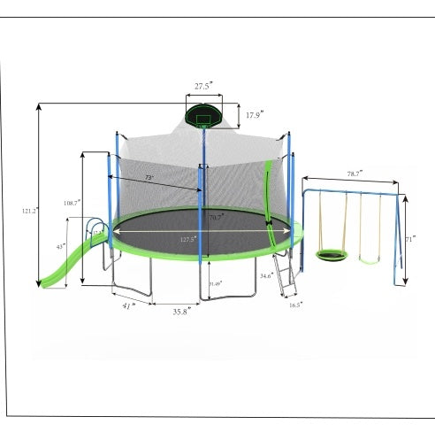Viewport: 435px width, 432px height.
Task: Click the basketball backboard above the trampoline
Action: (x=204, y=117)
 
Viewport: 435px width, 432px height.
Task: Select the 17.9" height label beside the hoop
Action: (x=254, y=115)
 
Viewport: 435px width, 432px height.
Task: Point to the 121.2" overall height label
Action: (x=28, y=211)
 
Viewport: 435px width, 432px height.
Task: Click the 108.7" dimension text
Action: (x=72, y=202)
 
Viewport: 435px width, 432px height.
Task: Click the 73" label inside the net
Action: (x=149, y=178)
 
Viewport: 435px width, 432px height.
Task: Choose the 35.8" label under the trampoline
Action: (x=179, y=311)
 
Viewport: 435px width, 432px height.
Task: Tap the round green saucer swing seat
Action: (x=333, y=256)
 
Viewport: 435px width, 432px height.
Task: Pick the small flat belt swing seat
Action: (x=373, y=258)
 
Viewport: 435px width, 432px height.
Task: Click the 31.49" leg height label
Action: (x=215, y=283)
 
